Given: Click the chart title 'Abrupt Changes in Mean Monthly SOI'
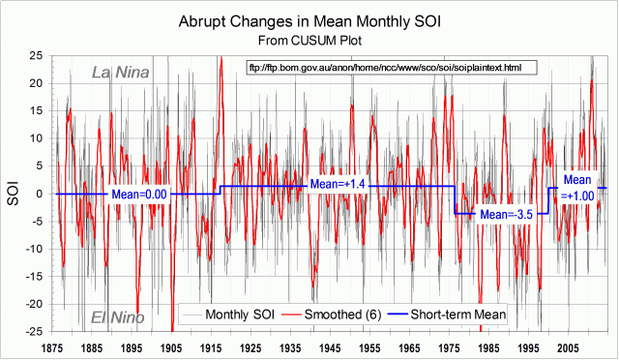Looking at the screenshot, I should click(x=309, y=21).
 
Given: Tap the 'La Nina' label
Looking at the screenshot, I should click(x=120, y=71).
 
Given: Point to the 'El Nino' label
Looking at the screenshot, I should click(x=118, y=317).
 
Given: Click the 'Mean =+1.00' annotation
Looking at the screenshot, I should click(x=577, y=187).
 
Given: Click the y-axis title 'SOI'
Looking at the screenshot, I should click(x=14, y=193).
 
